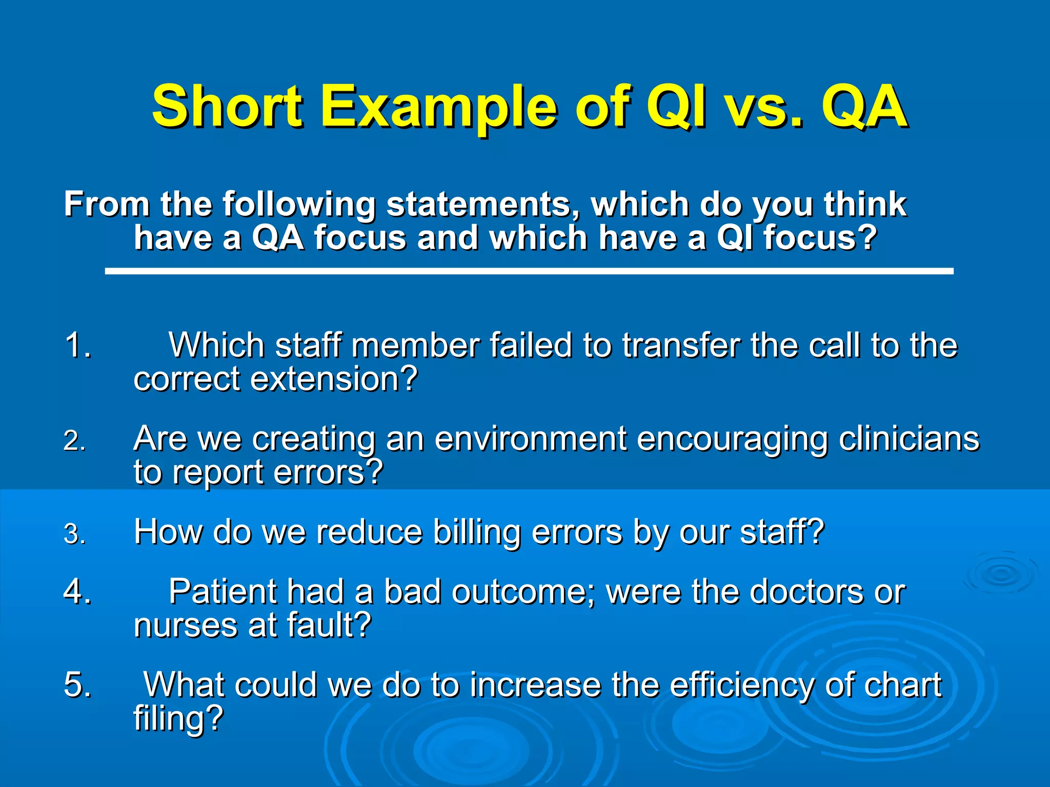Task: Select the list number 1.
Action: pos(77,345)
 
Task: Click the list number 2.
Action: pos(74,441)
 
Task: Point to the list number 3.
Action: pos(74,534)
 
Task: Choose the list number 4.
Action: pos(77,591)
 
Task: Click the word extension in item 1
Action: pos(333,379)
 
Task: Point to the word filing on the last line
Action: pos(177,718)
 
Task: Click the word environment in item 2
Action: pos(530,439)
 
